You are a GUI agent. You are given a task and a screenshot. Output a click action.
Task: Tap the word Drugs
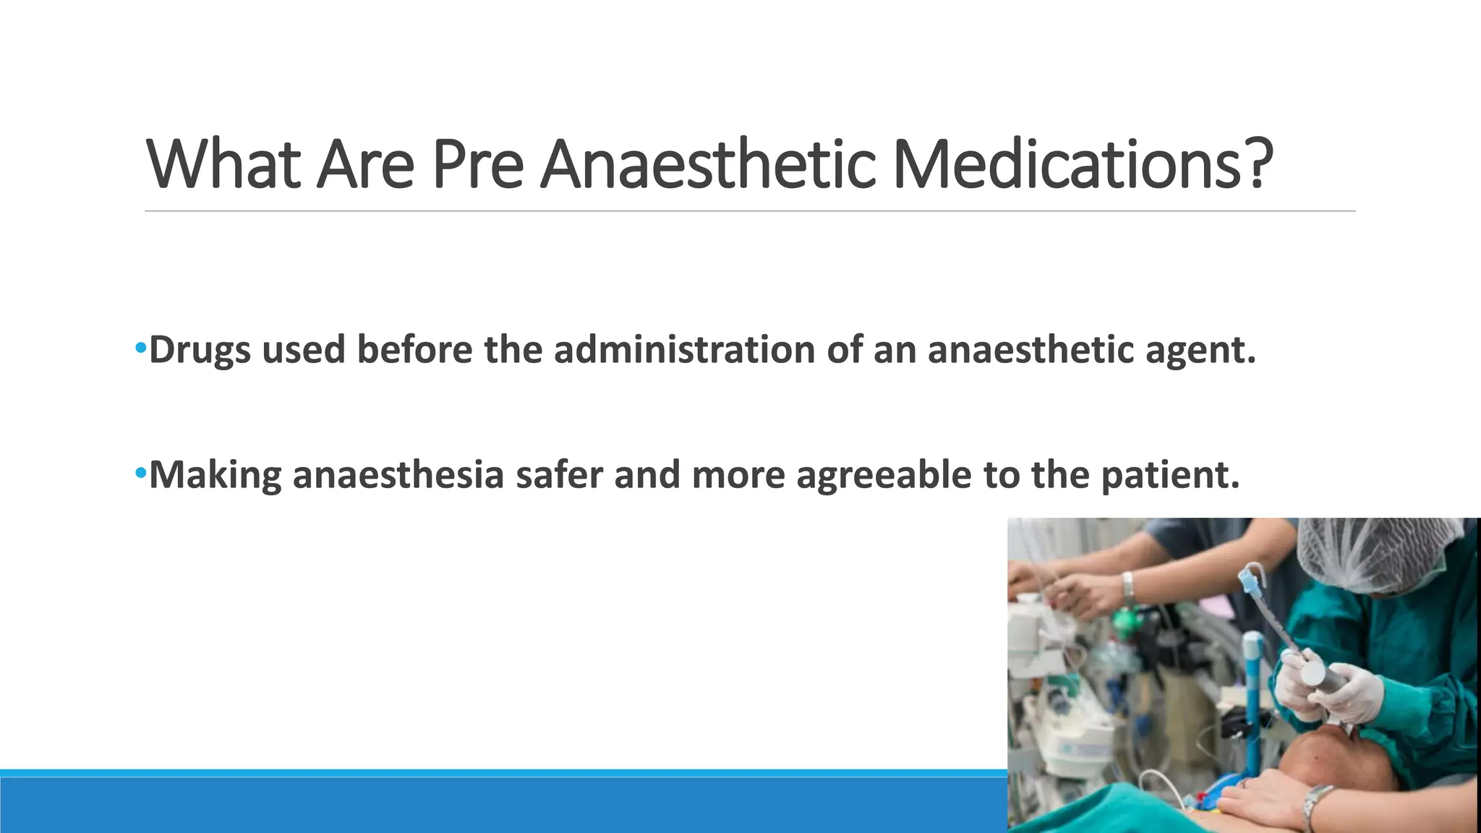pos(200,351)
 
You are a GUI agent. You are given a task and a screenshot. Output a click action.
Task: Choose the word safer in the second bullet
pos(558,475)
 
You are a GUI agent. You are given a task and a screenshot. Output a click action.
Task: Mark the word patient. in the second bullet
pos(1170,476)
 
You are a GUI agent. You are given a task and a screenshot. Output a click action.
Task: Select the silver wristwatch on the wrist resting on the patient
pos(1318,806)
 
